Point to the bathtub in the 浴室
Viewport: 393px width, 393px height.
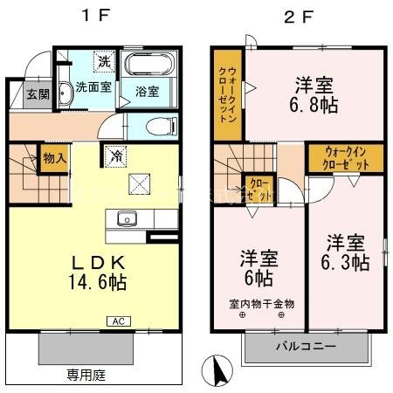149,65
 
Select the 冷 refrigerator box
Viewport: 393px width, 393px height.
117,156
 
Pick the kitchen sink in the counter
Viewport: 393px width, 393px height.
126,219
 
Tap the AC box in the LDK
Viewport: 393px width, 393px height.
117,321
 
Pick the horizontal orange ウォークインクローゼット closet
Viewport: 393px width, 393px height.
344,157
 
